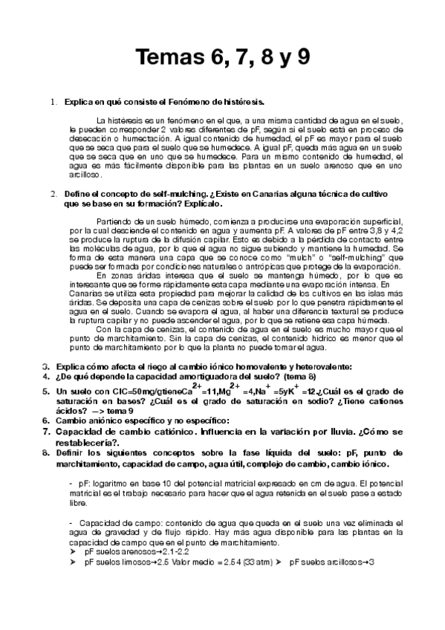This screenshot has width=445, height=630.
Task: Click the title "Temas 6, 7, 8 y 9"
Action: [222, 57]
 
